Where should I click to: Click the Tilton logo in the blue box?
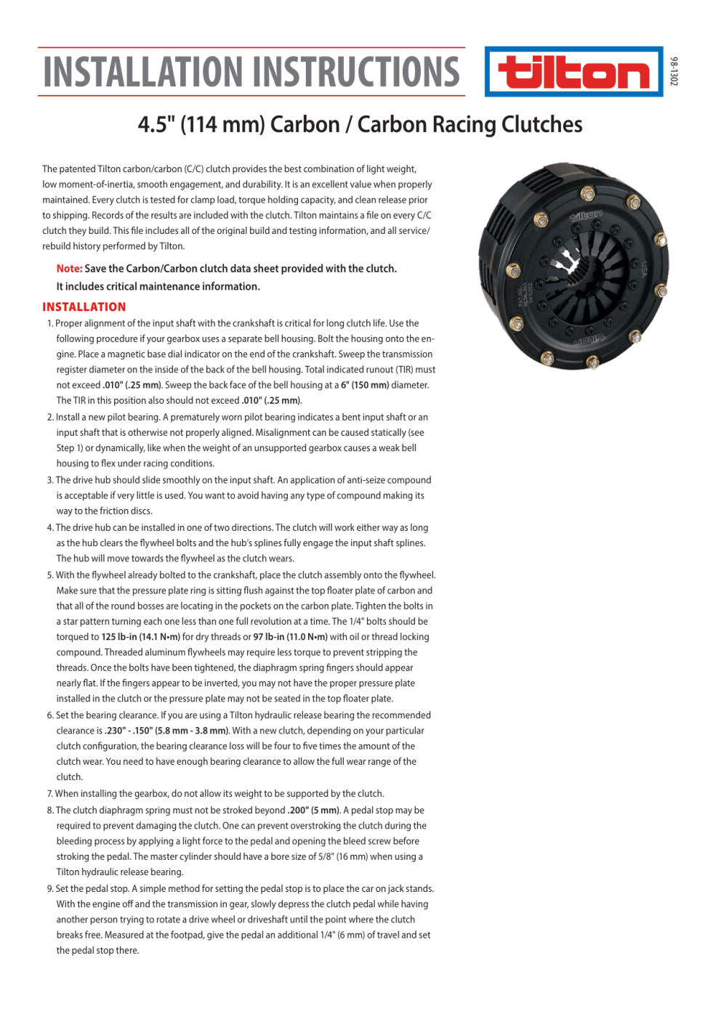tap(573, 73)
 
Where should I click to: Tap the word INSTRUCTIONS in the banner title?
tap(360, 72)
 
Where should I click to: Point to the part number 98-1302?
tap(674, 71)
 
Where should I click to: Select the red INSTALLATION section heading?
tap(84, 307)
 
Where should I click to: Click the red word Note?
tap(69, 269)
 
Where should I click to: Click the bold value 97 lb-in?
tap(270, 637)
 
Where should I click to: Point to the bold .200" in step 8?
tap(298, 811)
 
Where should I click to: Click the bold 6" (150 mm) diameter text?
tap(367, 385)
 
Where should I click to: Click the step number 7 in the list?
tap(50, 794)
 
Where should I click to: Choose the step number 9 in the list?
tap(50, 889)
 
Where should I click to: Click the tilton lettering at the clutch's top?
tap(586, 216)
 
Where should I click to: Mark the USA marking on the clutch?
tap(643, 269)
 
